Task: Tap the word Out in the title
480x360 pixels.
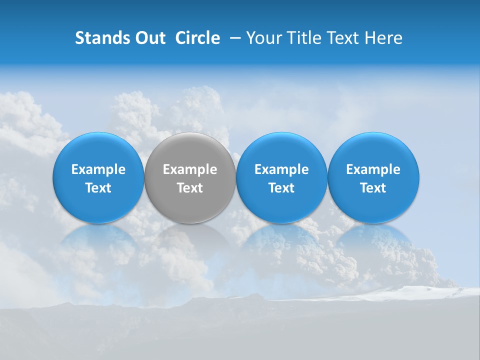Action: coord(149,38)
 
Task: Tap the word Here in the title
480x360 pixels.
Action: coord(383,38)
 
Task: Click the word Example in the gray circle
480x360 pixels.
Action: coord(190,169)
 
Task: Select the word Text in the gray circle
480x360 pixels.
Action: coord(190,188)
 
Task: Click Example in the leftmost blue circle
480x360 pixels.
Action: coord(98,169)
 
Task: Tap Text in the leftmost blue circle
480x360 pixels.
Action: coord(98,188)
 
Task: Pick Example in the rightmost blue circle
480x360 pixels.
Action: coord(373,169)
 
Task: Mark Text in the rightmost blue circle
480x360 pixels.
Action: coord(373,188)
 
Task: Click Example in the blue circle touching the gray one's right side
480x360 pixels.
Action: coord(281,169)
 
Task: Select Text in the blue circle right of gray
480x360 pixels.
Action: coord(281,188)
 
